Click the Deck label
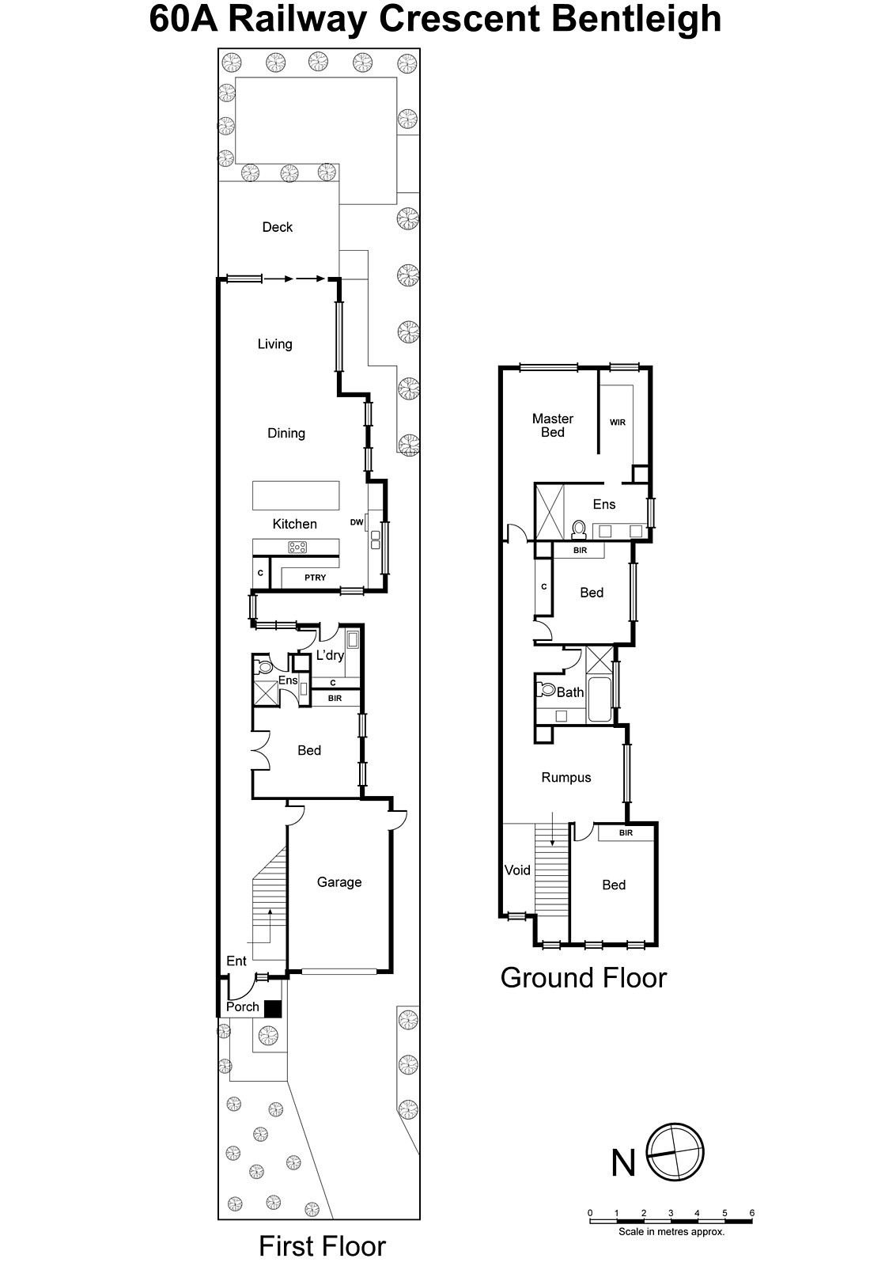(x=278, y=227)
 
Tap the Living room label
(x=275, y=344)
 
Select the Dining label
(x=286, y=434)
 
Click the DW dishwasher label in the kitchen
(x=357, y=522)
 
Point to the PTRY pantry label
(x=316, y=578)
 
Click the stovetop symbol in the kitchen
(x=297, y=547)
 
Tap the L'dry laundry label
(x=330, y=655)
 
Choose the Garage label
(x=339, y=881)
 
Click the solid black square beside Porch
(x=273, y=1009)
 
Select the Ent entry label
(x=236, y=961)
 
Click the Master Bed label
(x=553, y=426)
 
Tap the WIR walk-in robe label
(x=618, y=423)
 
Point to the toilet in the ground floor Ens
(x=578, y=529)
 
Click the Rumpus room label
(x=566, y=778)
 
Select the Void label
(x=517, y=870)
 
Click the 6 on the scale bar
(x=752, y=1213)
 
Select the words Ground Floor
(x=584, y=978)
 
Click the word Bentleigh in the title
(x=636, y=20)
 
